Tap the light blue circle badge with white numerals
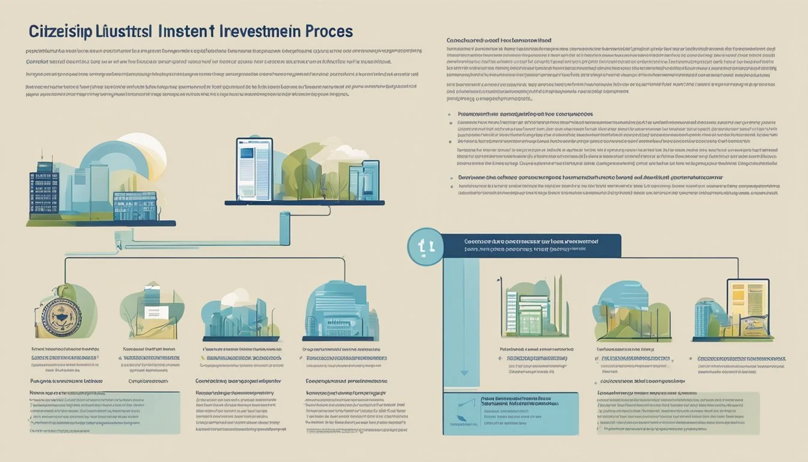click(x=425, y=246)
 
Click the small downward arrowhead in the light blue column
click(x=464, y=373)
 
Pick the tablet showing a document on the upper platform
click(x=254, y=169)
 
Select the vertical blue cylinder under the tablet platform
click(x=284, y=229)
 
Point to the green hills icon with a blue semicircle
click(x=625, y=313)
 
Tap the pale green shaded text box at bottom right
click(x=676, y=413)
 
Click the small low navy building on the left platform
click(x=135, y=206)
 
